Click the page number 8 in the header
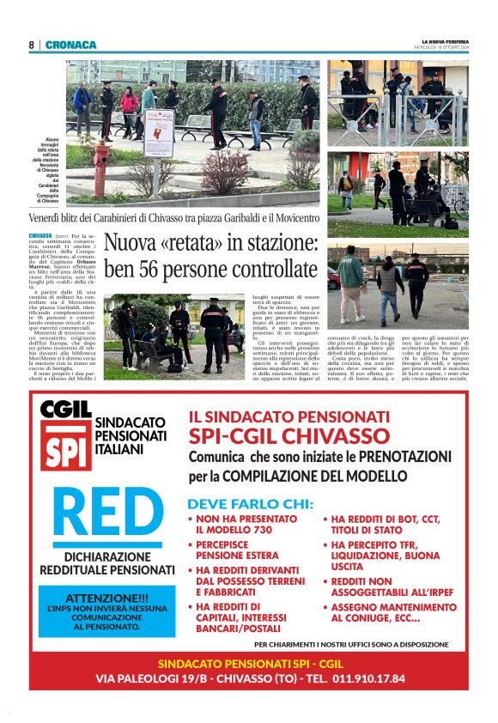31,45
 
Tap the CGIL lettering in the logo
65,410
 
